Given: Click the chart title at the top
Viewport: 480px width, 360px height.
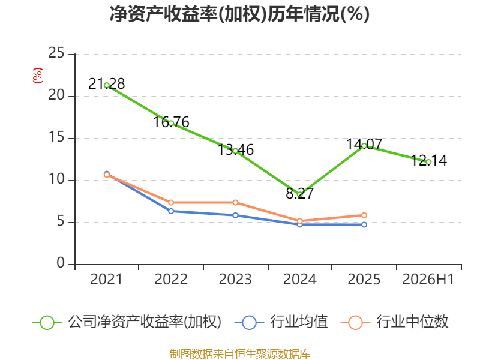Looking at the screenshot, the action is (239, 14).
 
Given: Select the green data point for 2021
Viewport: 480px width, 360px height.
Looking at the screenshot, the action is (107, 85).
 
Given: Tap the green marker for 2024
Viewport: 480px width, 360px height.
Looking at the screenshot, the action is (299, 194).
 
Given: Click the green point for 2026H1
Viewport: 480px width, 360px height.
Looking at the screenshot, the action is (428, 162).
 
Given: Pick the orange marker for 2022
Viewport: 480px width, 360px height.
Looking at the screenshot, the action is (171, 203).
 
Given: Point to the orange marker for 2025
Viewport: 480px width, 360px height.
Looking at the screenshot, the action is (364, 215).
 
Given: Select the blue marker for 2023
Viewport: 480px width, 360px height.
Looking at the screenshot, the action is (235, 215).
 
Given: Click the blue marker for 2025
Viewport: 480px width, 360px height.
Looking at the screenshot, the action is (364, 224).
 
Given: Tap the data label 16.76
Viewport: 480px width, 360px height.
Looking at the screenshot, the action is (171, 122).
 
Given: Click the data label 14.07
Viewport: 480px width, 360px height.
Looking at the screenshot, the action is (364, 144).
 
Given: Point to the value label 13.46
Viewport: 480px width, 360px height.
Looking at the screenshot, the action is (235, 149).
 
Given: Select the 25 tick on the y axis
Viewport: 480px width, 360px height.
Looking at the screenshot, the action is (56, 53).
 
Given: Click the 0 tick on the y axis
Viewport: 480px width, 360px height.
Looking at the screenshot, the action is (61, 263).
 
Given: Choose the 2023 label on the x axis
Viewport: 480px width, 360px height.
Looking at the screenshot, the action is (235, 280).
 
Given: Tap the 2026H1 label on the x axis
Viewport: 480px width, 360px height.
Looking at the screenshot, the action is (428, 280).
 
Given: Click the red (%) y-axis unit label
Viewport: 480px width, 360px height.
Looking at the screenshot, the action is (38, 76).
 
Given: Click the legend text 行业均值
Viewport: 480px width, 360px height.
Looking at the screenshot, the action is (299, 322).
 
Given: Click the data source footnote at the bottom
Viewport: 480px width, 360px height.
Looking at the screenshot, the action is (240, 354).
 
